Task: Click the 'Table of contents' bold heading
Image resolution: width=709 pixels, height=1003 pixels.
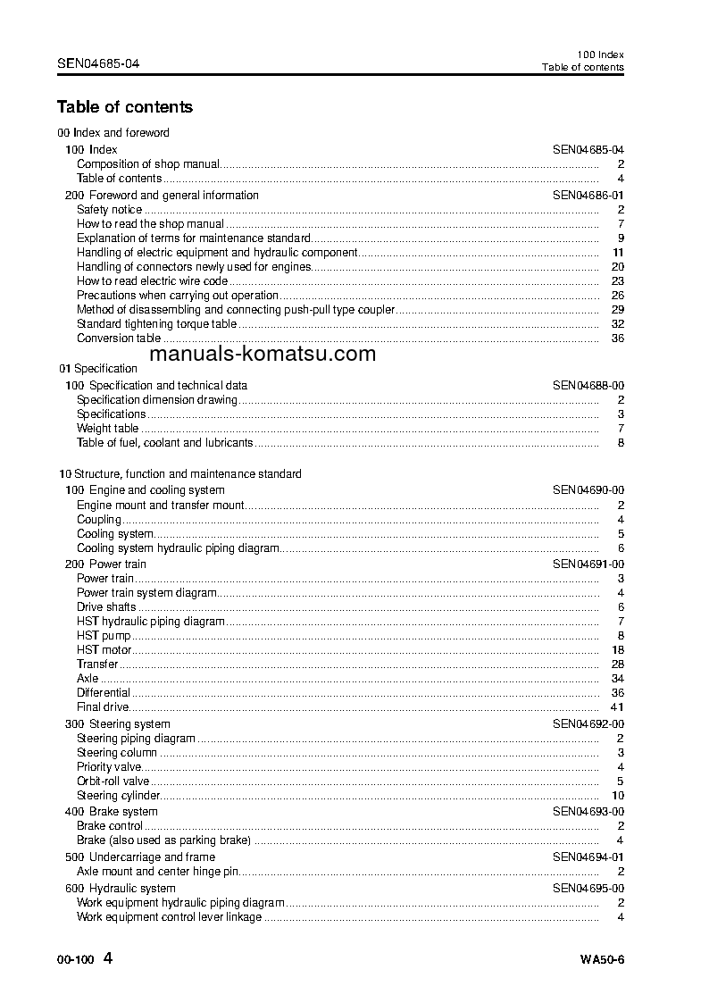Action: [124, 107]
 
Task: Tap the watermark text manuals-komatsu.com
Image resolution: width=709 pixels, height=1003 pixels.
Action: [263, 354]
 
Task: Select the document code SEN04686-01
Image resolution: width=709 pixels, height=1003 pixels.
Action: [588, 195]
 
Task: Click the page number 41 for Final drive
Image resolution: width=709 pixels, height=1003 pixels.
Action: [616, 707]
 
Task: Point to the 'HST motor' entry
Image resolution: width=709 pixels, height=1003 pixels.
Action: [104, 650]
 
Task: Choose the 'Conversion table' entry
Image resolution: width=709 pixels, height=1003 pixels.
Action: [119, 339]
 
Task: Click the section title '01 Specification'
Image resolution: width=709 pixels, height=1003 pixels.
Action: [98, 368]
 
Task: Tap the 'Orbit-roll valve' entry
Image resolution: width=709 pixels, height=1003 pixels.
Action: [113, 782]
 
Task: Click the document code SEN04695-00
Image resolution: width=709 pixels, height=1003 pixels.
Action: [588, 889]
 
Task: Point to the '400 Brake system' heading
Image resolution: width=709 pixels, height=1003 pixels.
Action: [112, 812]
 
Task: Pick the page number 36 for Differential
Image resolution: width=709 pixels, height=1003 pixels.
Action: [616, 693]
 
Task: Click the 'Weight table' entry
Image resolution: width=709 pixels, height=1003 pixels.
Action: [107, 429]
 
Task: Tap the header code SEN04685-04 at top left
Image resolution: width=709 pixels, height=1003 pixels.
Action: [98, 63]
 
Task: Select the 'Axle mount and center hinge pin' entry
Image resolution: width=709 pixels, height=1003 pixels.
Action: [158, 872]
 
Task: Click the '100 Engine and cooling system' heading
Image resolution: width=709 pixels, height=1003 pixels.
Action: [145, 490]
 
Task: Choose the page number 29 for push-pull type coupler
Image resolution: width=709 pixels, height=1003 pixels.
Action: [616, 310]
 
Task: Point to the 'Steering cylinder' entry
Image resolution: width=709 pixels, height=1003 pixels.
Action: [119, 796]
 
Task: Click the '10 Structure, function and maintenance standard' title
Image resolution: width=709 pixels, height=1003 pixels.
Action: [179, 474]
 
